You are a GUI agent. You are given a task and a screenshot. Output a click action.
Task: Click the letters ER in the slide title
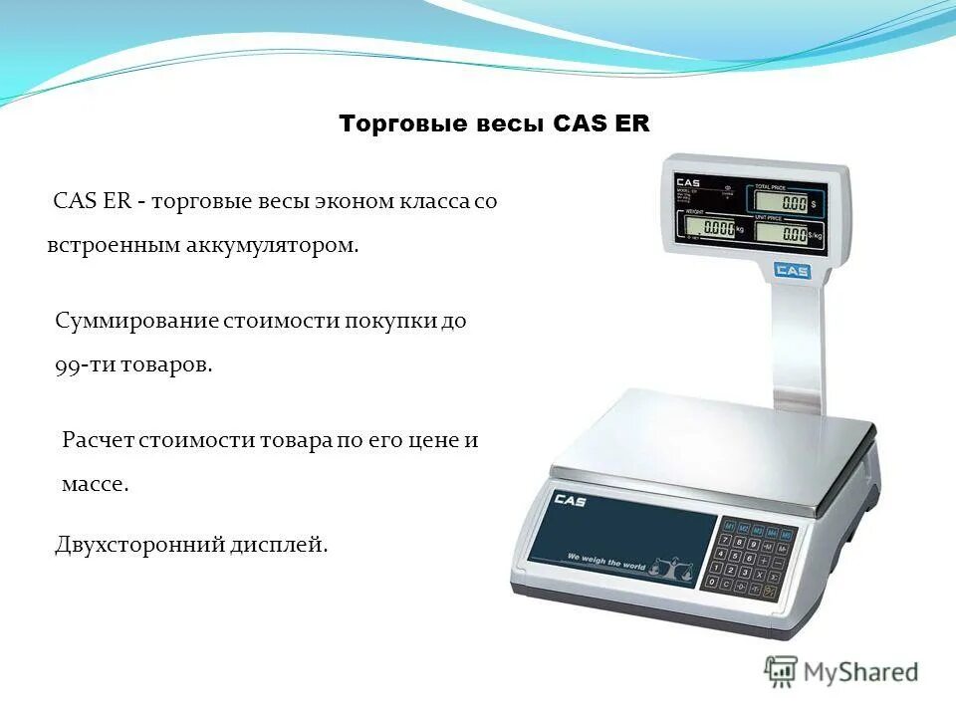pos(631,124)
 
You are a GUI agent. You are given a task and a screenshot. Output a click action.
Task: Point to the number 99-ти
pos(84,364)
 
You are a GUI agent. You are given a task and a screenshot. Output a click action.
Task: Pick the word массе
pos(95,485)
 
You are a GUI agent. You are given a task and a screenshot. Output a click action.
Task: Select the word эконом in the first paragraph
pos(357,201)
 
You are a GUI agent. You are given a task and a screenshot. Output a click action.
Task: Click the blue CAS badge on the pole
pos(792,270)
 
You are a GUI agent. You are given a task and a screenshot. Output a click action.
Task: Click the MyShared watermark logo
pos(840,671)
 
